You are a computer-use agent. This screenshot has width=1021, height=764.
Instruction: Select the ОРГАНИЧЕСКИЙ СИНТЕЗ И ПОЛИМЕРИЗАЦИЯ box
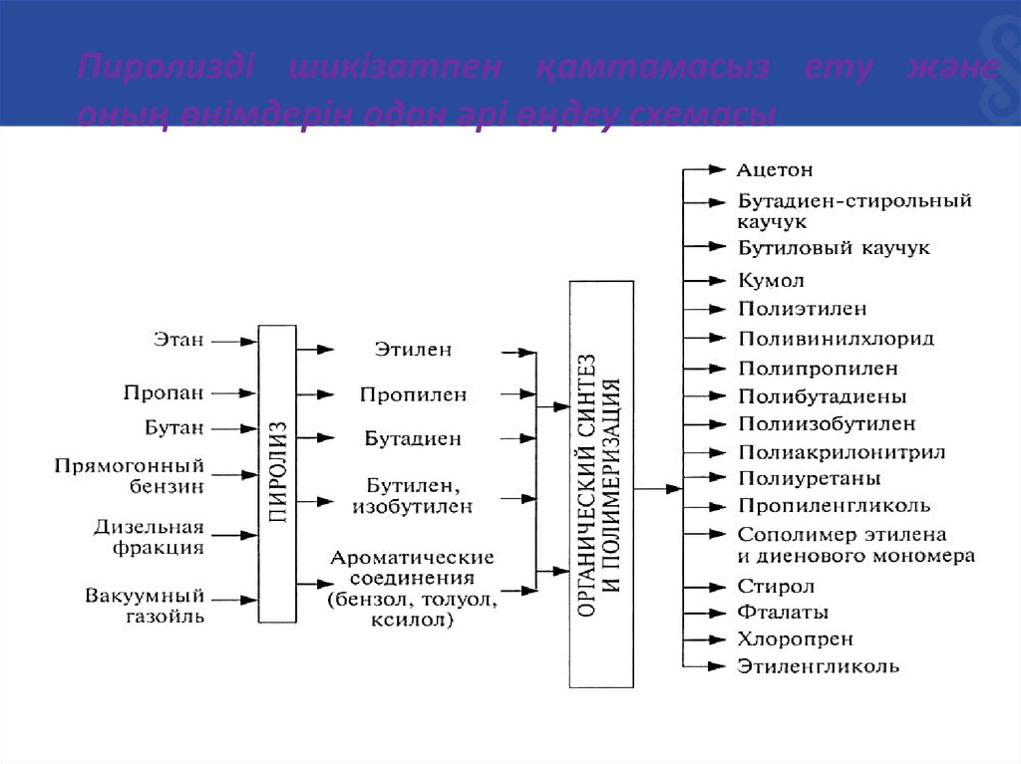pos(601,484)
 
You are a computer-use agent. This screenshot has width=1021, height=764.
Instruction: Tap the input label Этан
pos(178,341)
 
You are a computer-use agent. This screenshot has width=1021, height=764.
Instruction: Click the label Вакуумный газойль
pos(145,606)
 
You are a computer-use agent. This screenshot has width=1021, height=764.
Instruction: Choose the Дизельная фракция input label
pos(149,536)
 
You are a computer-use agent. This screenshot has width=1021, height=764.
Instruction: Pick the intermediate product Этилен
pos(413,350)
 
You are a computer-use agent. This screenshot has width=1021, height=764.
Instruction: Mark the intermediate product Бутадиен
pos(413,438)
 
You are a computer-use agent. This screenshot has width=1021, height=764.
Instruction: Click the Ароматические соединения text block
pos(413,588)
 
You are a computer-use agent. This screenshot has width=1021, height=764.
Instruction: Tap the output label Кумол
pos(772,281)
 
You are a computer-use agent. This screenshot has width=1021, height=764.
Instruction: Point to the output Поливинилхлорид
pos(836,339)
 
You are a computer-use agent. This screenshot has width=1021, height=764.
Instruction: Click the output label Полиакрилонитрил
pos(842,452)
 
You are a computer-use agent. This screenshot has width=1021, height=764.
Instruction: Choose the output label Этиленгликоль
pos(818,666)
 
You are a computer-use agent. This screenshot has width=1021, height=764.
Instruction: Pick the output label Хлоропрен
pos(795,639)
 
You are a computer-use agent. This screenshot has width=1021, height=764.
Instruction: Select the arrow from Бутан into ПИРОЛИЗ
pos(235,429)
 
